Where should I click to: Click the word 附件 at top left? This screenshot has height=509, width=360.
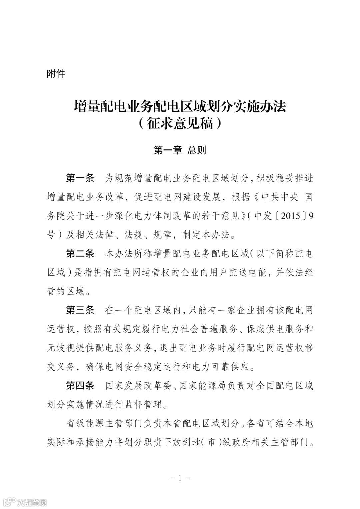[56, 73]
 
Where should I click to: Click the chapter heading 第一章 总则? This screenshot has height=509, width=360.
[180, 150]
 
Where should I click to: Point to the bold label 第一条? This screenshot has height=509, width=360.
[80, 178]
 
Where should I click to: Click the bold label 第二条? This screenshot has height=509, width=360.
[80, 254]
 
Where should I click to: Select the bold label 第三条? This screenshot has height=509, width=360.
[80, 310]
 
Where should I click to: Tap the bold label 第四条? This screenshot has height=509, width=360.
[80, 386]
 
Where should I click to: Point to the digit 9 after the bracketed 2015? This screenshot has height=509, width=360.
[311, 216]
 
